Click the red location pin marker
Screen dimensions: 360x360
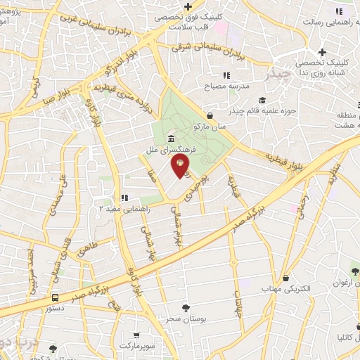click(180, 167)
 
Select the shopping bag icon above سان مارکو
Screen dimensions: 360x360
click(210, 117)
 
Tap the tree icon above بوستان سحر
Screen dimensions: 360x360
click(186, 307)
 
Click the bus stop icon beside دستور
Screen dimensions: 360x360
click(55, 297)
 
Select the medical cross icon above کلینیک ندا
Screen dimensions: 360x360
click(322, 53)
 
